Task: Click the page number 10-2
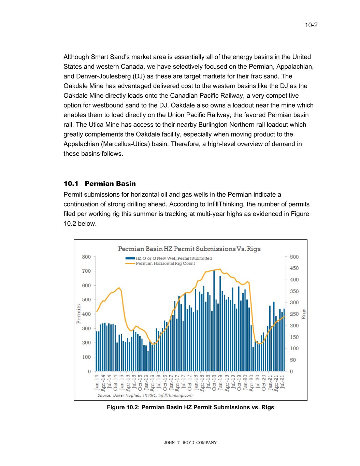(x=311, y=25)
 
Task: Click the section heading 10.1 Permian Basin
(x=100, y=184)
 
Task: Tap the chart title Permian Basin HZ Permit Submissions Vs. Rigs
(x=189, y=249)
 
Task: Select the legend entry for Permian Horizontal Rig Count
(x=165, y=264)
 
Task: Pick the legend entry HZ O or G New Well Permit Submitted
(x=174, y=258)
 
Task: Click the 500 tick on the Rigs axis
(x=294, y=257)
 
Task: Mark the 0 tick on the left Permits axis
(x=89, y=371)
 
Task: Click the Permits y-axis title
(x=79, y=314)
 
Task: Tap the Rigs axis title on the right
(x=304, y=314)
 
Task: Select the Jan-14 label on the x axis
(x=97, y=382)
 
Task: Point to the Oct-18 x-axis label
(x=214, y=382)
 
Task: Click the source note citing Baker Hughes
(x=145, y=395)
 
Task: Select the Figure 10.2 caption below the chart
(x=190, y=407)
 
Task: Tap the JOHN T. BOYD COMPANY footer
(x=190, y=443)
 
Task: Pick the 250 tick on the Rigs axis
(x=294, y=314)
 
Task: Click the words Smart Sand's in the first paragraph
(x=107, y=57)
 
